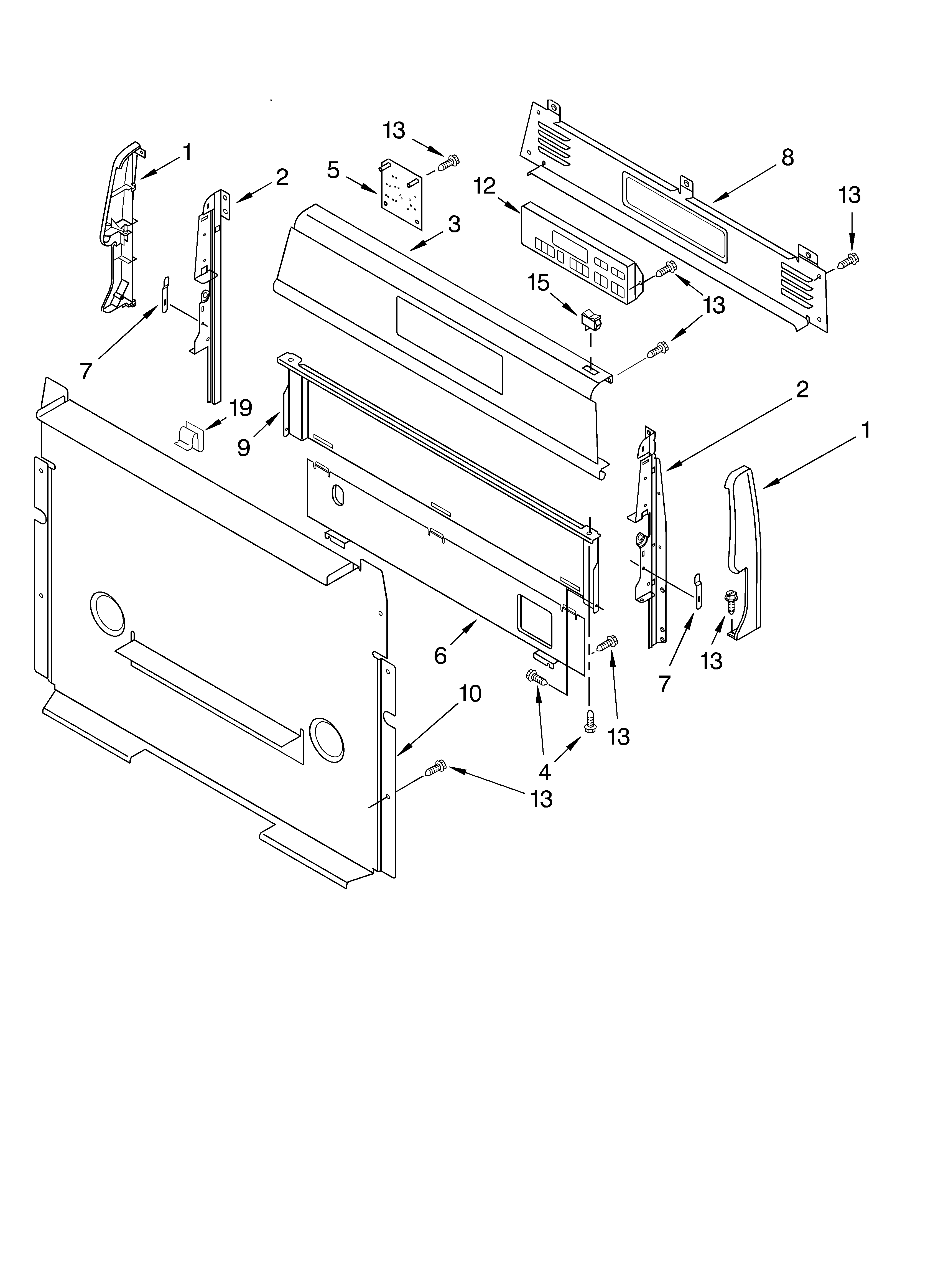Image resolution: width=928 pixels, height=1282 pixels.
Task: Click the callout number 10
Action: pos(470,694)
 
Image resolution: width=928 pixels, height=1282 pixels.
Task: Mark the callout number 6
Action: pos(440,656)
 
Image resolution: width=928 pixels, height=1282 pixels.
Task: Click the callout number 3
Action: pos(454,224)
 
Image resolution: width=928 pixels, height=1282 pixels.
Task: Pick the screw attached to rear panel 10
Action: pos(435,767)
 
